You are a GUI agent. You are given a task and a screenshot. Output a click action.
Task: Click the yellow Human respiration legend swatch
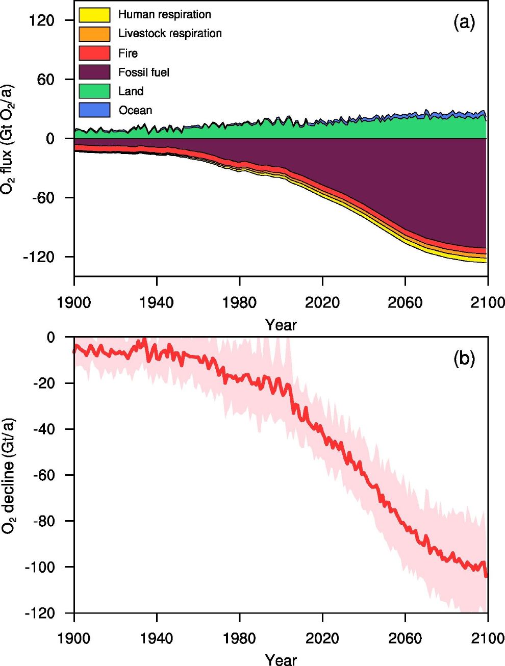[94, 15]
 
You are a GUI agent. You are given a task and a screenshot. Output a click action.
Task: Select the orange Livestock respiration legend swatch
[94, 34]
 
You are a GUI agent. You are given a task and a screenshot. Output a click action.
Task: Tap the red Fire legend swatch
[94, 53]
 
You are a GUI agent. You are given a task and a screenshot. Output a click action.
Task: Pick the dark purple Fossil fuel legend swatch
[94, 72]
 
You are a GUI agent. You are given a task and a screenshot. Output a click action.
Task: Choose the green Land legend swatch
[94, 91]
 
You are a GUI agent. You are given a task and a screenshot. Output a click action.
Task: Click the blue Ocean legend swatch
[94, 110]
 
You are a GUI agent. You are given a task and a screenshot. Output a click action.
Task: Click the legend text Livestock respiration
[170, 34]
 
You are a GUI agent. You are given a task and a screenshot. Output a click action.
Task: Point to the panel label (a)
[464, 22]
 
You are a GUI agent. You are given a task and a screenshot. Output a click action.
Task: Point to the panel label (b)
[464, 358]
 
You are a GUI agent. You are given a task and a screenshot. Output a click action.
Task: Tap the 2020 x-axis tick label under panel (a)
[322, 302]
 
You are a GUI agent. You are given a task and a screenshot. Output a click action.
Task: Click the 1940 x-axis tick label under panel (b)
[157, 638]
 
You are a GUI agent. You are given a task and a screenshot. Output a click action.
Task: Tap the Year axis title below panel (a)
[281, 325]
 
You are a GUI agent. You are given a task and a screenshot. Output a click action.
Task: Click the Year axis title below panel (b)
[281, 659]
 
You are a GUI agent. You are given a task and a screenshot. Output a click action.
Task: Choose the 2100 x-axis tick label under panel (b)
[487, 638]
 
